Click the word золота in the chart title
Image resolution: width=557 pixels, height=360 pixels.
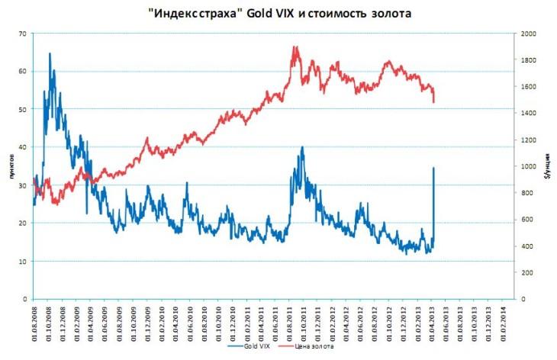388,14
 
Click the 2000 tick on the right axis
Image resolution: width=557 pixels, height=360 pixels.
530,34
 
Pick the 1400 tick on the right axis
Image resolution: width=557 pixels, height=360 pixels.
530,113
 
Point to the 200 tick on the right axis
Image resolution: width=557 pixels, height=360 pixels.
527,272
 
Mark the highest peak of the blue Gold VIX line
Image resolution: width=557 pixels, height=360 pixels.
50,53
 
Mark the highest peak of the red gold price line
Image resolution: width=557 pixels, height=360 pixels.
295,47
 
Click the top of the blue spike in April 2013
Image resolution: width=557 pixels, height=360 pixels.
433,168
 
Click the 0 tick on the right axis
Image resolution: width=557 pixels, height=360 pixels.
522,299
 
